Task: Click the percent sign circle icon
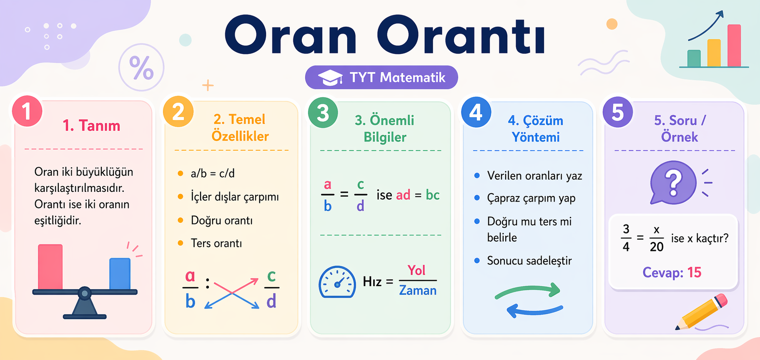tap(141, 68)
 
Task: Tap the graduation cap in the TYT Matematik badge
tap(330, 78)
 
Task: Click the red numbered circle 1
tap(27, 111)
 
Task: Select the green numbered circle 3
tap(323, 113)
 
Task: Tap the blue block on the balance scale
tap(120, 273)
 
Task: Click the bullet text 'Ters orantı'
tap(216, 243)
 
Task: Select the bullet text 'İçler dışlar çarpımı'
tap(234, 196)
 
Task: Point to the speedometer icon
tap(337, 282)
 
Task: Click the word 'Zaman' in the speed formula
tap(417, 290)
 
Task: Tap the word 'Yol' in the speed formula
tap(416, 270)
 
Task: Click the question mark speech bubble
tap(672, 182)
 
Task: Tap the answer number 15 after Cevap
tap(694, 272)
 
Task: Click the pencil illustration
tap(702, 312)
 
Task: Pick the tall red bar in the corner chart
tap(734, 45)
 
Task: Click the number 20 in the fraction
tap(656, 247)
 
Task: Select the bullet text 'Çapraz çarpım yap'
tap(531, 198)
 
